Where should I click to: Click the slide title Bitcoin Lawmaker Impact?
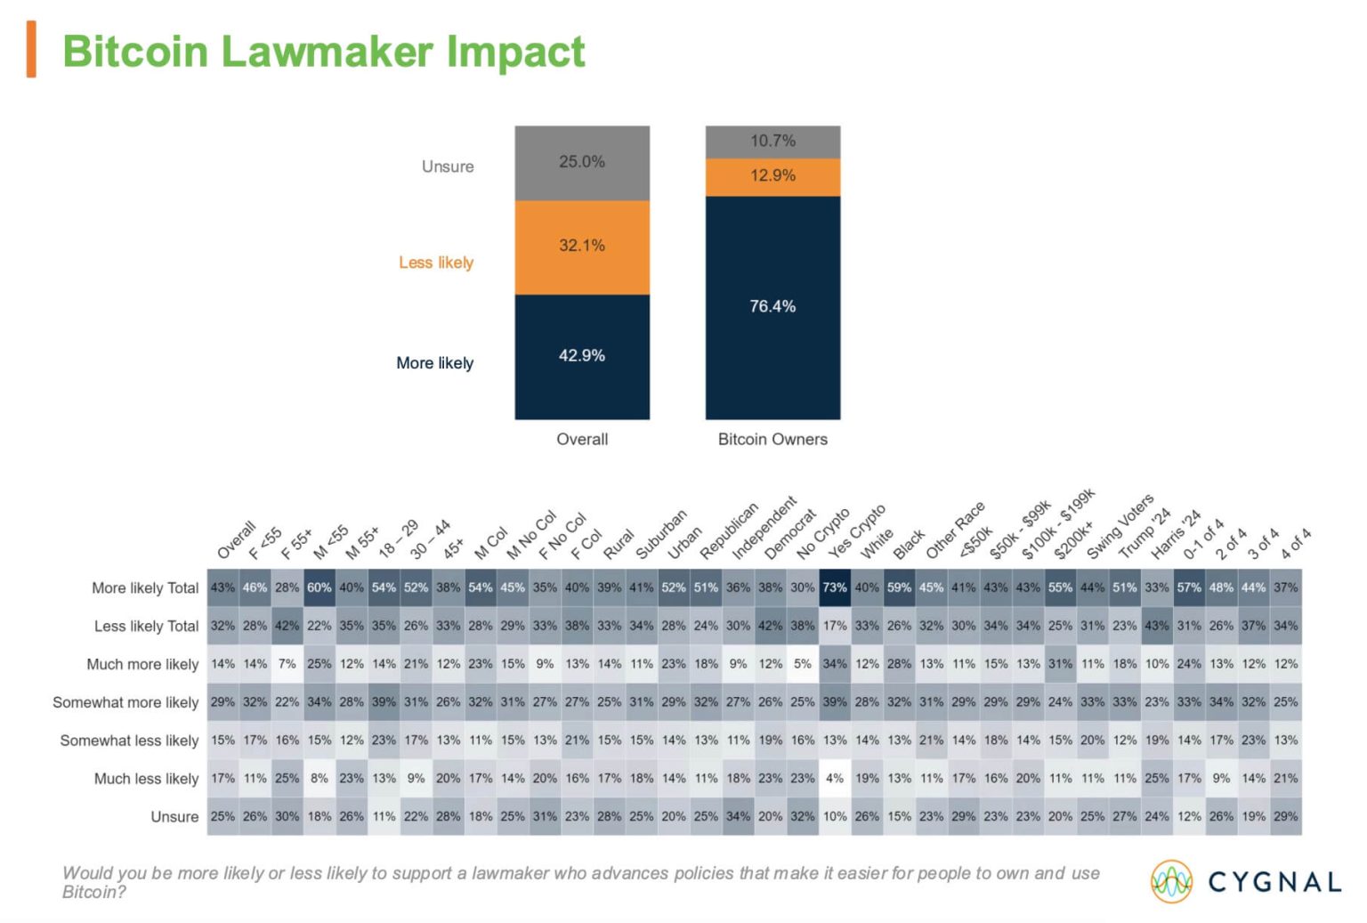click(323, 52)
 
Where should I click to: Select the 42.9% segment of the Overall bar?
click(582, 356)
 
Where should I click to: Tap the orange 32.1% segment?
click(582, 247)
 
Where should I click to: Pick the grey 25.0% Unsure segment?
click(582, 162)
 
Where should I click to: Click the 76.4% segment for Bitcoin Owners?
click(772, 307)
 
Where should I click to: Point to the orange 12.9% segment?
click(772, 176)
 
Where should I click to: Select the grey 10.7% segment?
click(772, 142)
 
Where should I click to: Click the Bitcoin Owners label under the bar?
click(772, 440)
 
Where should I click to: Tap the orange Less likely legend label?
click(436, 263)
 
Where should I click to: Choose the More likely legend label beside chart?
click(434, 363)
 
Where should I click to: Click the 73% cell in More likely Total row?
click(835, 587)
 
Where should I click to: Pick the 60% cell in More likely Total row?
click(320, 587)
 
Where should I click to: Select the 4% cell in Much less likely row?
click(835, 778)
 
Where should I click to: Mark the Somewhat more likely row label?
click(125, 702)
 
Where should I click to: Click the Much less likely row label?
click(146, 779)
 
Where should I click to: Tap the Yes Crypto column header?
click(856, 532)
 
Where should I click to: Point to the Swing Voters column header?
click(1120, 527)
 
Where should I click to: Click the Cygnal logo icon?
click(1172, 882)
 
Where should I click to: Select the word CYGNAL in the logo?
click(1274, 882)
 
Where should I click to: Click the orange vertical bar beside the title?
click(31, 50)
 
